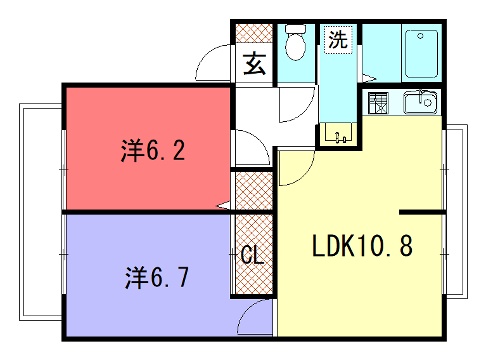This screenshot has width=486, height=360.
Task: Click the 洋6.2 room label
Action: click(x=153, y=151)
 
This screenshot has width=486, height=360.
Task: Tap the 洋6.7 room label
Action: click(x=157, y=277)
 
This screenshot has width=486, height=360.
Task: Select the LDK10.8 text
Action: click(x=362, y=246)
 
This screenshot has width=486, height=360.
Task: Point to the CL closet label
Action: click(x=252, y=255)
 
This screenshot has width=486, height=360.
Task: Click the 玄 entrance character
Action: click(x=255, y=63)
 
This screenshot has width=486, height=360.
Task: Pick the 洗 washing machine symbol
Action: click(x=338, y=39)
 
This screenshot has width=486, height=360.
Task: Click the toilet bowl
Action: click(x=296, y=42)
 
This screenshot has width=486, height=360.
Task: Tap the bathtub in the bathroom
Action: click(x=421, y=54)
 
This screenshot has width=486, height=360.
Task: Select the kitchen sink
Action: click(x=420, y=102)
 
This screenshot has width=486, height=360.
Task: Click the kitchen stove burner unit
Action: click(x=378, y=103)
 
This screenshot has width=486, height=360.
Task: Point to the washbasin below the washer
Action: click(x=339, y=134)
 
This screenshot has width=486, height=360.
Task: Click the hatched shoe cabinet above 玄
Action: click(x=254, y=33)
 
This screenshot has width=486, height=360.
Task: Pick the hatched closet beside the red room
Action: click(x=254, y=191)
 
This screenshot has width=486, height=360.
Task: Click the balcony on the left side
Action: click(x=41, y=212)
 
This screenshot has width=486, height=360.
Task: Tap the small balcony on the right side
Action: click(x=456, y=211)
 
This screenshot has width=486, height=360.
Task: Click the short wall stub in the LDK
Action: click(x=422, y=212)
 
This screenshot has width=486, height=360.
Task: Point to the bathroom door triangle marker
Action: click(x=368, y=79)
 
